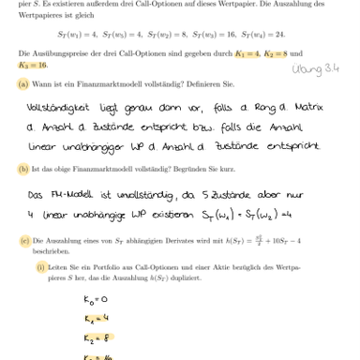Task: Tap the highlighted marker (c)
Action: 23,241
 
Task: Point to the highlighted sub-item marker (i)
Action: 41,265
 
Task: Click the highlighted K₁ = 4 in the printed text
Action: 247,54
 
